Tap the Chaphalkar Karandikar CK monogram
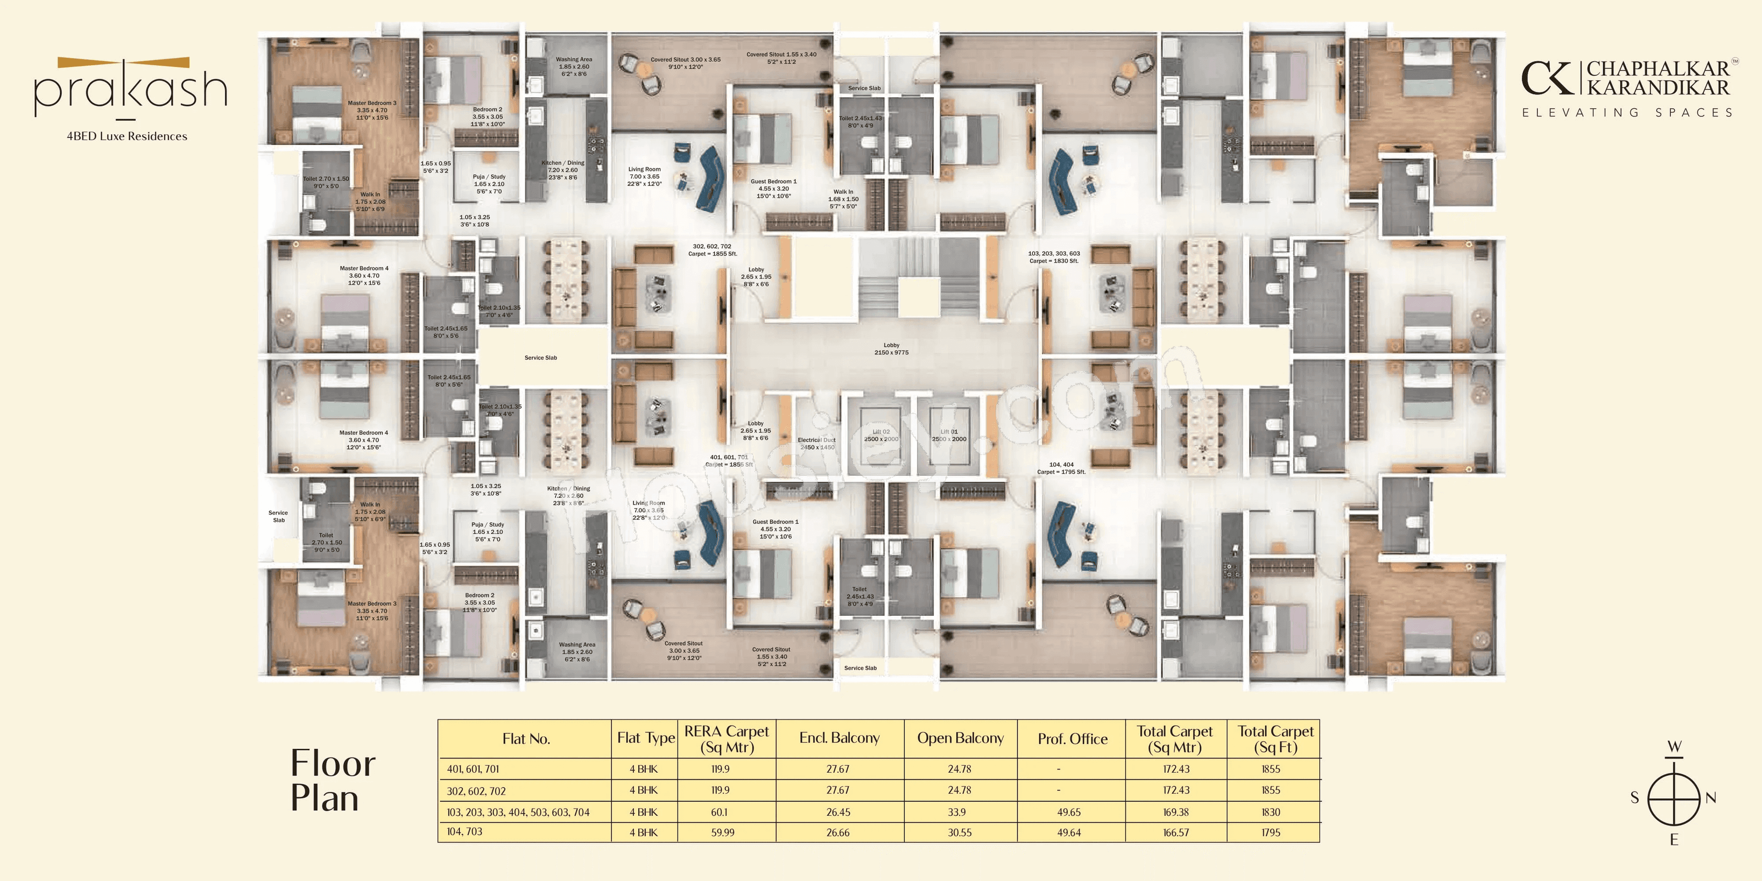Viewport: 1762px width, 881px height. [1547, 78]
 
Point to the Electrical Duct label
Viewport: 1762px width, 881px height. [817, 443]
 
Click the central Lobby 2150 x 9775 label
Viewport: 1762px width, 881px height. [891, 349]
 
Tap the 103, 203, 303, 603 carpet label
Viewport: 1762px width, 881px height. [1054, 256]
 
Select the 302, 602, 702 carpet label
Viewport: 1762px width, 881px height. [712, 250]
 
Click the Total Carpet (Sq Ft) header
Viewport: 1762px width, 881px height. [1275, 739]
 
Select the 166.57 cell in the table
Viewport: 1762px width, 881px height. [1176, 832]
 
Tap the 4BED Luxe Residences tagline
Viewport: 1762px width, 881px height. [127, 136]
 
